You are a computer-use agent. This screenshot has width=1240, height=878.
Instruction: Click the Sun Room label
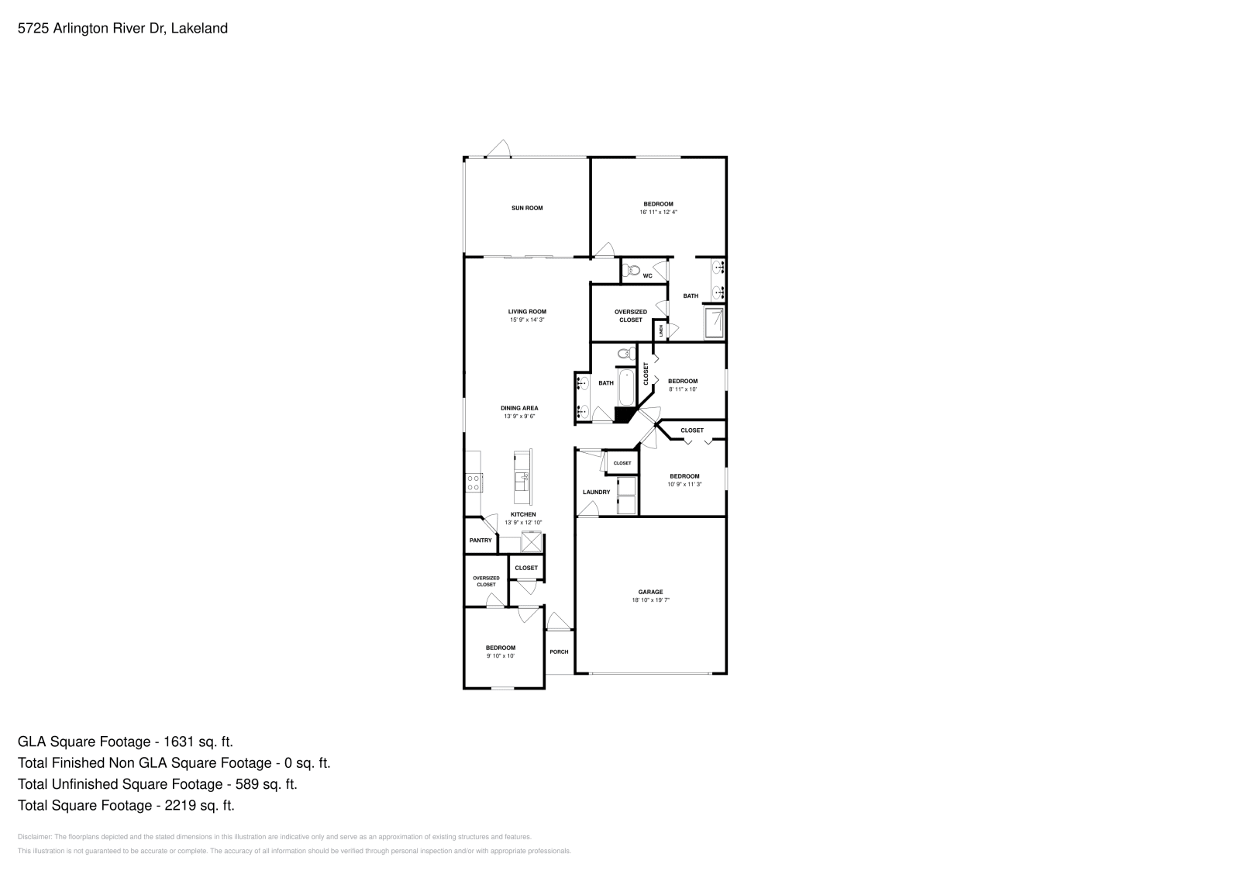527,208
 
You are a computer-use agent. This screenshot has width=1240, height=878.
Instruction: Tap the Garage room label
650,592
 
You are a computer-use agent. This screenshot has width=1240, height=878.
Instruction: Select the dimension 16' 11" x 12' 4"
658,212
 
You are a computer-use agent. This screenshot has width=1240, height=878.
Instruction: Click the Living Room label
527,312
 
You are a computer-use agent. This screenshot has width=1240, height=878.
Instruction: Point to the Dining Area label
519,408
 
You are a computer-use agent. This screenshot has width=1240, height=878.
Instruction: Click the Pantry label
480,541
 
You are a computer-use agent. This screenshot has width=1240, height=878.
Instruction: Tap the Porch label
559,652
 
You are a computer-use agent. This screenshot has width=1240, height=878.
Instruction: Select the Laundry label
596,492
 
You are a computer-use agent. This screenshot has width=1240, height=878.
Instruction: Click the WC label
647,275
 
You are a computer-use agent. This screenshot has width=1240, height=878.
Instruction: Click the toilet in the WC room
631,271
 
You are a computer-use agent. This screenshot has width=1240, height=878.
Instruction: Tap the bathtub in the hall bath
625,387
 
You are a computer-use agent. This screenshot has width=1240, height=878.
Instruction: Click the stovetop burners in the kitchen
473,482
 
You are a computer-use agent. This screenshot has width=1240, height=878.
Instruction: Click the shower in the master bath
715,323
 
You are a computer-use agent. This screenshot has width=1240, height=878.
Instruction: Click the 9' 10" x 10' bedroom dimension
501,656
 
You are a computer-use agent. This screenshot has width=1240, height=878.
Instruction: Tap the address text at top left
122,29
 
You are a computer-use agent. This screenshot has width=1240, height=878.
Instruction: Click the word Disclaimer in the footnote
33,837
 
